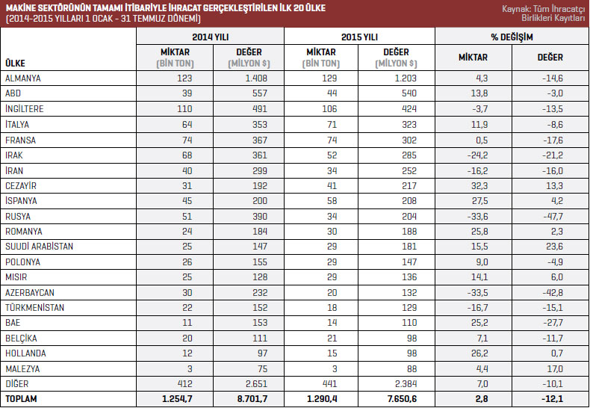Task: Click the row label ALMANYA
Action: coord(23,78)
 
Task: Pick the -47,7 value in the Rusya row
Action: coord(553,215)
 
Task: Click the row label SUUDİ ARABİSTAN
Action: coord(39,246)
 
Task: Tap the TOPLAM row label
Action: coord(21,399)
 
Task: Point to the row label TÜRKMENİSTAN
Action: coord(34,307)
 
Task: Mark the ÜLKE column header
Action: coord(16,62)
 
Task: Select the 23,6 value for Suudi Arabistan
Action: coord(553,246)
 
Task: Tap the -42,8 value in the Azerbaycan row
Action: coord(552,292)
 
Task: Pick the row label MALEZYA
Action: coord(22,368)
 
